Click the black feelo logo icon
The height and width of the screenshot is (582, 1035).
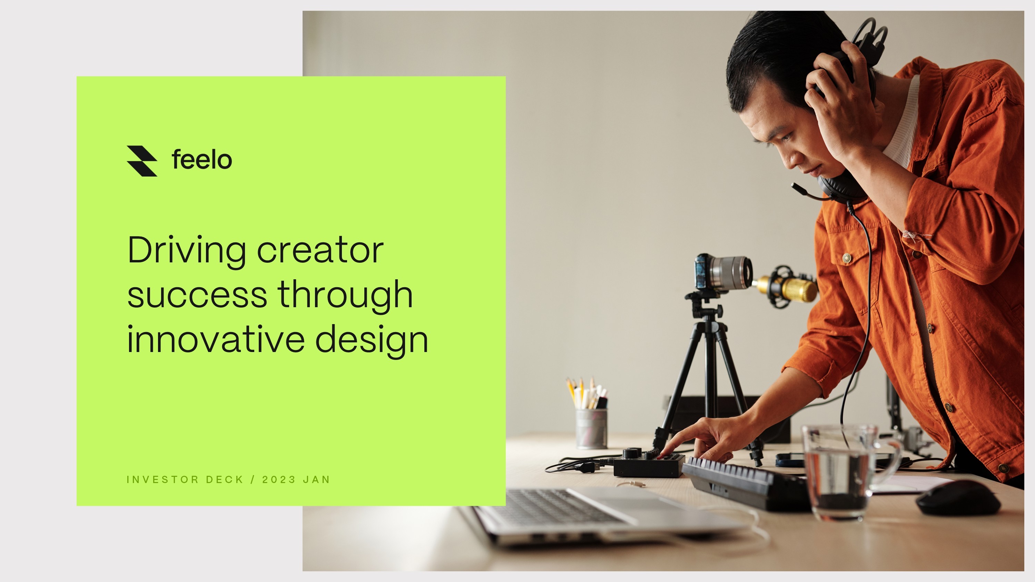pyautogui.click(x=142, y=161)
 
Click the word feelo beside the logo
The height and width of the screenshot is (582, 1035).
pyautogui.click(x=202, y=160)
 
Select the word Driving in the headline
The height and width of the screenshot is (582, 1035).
pyautogui.click(x=186, y=250)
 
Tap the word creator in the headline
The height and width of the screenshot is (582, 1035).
pyautogui.click(x=320, y=250)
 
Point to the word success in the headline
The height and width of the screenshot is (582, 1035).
pyautogui.click(x=197, y=295)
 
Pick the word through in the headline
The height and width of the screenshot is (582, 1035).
pyautogui.click(x=345, y=295)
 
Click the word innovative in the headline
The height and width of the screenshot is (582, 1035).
pyautogui.click(x=216, y=340)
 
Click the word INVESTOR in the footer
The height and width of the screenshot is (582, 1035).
pyautogui.click(x=162, y=480)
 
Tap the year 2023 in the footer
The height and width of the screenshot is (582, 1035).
pyautogui.click(x=279, y=480)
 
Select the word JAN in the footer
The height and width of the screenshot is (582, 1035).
pyautogui.click(x=317, y=480)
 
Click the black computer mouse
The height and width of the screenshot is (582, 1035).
pyautogui.click(x=958, y=498)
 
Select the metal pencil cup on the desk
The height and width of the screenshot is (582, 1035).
pyautogui.click(x=591, y=428)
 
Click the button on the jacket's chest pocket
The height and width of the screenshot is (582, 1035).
pyautogui.click(x=847, y=258)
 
